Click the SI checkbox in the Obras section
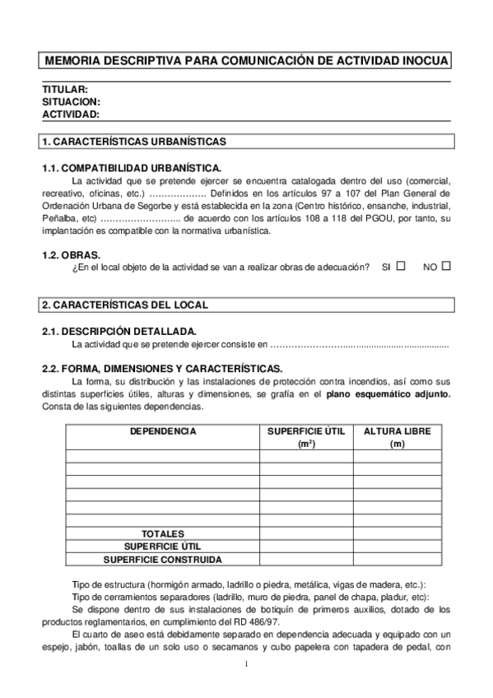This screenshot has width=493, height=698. pyautogui.click(x=401, y=266)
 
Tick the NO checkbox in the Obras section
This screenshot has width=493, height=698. pyautogui.click(x=446, y=266)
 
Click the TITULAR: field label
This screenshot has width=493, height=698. pyautogui.click(x=64, y=89)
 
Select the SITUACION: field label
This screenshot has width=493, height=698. pyautogui.click(x=71, y=101)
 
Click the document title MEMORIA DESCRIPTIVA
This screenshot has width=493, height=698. pyautogui.click(x=246, y=61)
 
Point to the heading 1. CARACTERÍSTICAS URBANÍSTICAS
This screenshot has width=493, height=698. pyautogui.click(x=133, y=142)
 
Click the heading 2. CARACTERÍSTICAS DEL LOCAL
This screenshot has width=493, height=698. pyautogui.click(x=124, y=305)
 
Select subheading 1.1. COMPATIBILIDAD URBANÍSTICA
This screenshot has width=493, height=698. pyautogui.click(x=131, y=168)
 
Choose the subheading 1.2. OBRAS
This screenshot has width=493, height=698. pyautogui.click(x=71, y=255)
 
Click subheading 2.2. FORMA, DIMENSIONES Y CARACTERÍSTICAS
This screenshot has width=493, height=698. pyautogui.click(x=162, y=368)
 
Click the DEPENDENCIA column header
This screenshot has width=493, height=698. pyautogui.click(x=162, y=430)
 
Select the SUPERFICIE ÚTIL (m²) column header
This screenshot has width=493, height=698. pyautogui.click(x=306, y=437)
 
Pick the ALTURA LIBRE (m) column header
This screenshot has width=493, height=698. pyautogui.click(x=397, y=437)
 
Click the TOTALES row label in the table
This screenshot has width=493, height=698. pyautogui.click(x=162, y=533)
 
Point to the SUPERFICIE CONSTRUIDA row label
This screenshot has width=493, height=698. pyautogui.click(x=162, y=559)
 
